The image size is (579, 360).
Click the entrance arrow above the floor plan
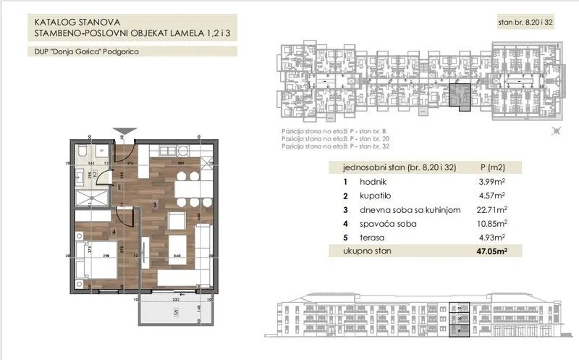coord(126,129)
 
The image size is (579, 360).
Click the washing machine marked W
coord(103,151)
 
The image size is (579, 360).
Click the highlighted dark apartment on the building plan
coord(458,96)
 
